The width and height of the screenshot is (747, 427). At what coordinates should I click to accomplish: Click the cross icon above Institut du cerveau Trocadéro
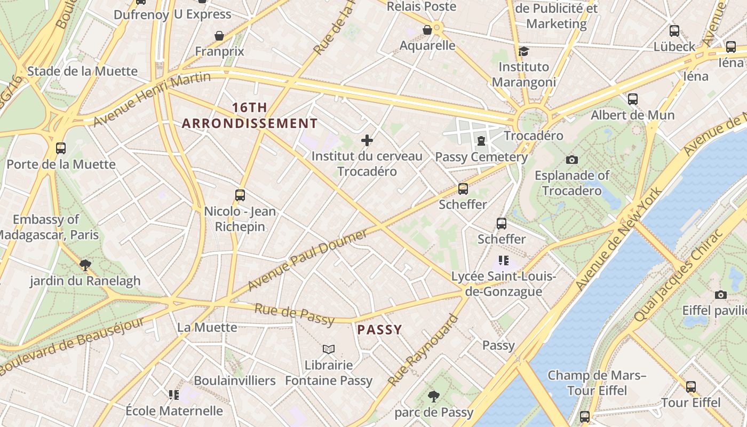coord(367,140)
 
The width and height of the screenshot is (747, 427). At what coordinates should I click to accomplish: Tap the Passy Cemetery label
coord(481,157)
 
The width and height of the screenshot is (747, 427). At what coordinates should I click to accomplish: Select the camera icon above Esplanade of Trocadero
coord(572,160)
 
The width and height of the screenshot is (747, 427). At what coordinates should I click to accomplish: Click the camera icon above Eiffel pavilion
coord(720,295)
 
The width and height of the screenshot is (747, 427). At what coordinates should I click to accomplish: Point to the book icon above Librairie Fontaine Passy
coord(329,350)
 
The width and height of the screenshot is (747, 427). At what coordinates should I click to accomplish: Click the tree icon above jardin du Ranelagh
coord(85,265)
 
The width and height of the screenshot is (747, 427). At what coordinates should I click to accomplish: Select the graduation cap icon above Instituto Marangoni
coord(523,51)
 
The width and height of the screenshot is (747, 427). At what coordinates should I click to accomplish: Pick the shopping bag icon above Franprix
coord(219,36)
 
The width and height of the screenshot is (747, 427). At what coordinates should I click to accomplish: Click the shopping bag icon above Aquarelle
coord(427,30)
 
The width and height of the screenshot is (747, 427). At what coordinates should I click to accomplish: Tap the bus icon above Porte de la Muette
coord(61,148)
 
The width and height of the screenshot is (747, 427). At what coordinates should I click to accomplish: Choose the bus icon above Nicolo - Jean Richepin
coord(240,195)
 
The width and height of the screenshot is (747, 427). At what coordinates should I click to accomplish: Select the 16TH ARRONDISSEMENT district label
coord(250,116)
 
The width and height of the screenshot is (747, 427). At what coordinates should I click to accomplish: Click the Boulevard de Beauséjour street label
coord(72,346)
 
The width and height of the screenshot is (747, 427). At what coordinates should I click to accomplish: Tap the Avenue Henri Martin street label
coord(152,99)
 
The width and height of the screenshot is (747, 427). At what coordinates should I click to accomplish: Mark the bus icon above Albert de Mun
coord(633,99)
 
